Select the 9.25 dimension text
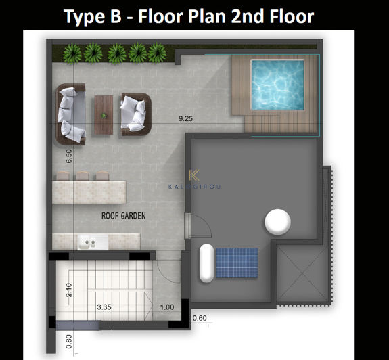pyautogui.click(x=185, y=119)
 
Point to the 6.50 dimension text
pyautogui.click(x=68, y=157)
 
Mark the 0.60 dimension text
pyautogui.click(x=200, y=318)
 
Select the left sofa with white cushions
pyautogui.click(x=71, y=114)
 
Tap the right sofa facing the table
pyautogui.click(x=134, y=112)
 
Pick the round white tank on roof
pyautogui.click(x=277, y=221)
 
